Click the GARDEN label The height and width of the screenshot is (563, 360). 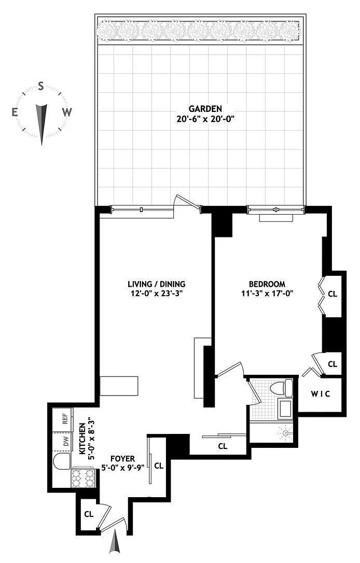pyautogui.click(x=205, y=108)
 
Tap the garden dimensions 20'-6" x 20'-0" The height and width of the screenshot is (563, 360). pyautogui.click(x=205, y=119)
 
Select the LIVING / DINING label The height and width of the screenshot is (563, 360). pyautogui.click(x=157, y=285)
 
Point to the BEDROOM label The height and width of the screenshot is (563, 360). pyautogui.click(x=267, y=284)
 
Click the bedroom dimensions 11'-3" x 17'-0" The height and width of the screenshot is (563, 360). pyautogui.click(x=268, y=293)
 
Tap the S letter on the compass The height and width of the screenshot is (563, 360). pyautogui.click(x=41, y=86)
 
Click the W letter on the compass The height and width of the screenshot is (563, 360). pyautogui.click(x=67, y=112)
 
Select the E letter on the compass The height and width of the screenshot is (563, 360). pyautogui.click(x=15, y=112)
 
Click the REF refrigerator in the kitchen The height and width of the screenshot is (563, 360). pyautogui.click(x=63, y=419)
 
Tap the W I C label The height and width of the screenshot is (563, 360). pyautogui.click(x=320, y=394)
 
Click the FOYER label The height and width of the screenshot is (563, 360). pyautogui.click(x=122, y=458)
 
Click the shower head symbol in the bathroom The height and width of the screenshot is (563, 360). pyautogui.click(x=286, y=433)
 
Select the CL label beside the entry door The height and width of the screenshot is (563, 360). pyautogui.click(x=89, y=514)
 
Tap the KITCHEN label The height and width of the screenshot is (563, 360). pyautogui.click(x=82, y=439)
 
